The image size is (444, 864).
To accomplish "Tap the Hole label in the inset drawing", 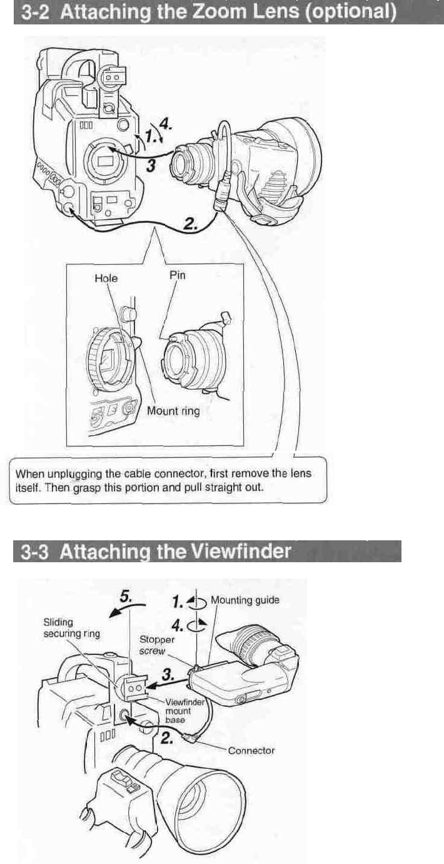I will pos(106,278).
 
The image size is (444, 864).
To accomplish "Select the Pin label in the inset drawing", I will pos(178,275).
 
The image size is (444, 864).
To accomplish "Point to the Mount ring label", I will pos(173,411).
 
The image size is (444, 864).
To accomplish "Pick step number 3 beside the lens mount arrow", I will pos(149,164).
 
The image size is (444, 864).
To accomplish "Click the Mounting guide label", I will pos(245,600).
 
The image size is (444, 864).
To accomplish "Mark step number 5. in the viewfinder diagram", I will pos(125,598).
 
